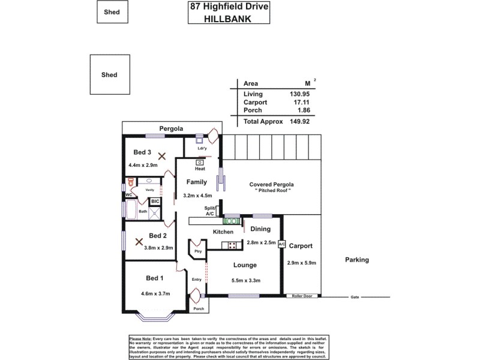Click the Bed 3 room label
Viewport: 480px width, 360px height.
(x=142, y=152)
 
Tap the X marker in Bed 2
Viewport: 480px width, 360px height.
(x=139, y=242)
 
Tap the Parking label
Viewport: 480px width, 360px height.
(x=356, y=260)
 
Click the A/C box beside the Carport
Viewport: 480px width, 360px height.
(x=281, y=244)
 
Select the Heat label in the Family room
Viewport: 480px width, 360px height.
(x=200, y=169)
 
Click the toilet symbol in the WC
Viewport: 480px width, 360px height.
(x=129, y=181)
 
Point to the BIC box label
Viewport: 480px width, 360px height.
(x=154, y=201)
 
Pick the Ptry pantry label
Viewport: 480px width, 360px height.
(x=197, y=253)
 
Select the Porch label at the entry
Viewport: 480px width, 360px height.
(x=198, y=308)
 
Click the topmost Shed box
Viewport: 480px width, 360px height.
(x=112, y=11)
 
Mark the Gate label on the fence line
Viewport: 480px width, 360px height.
(x=355, y=296)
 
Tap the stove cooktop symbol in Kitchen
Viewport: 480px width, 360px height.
(x=230, y=244)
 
